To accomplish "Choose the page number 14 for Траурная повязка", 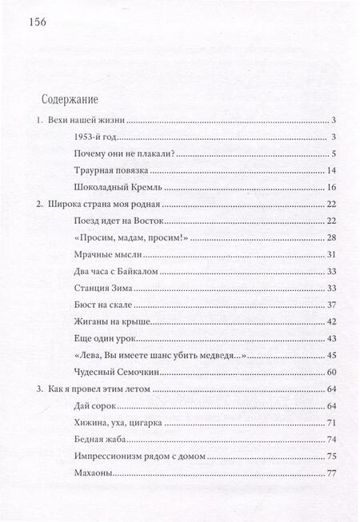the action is click(x=334, y=171).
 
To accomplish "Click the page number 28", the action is click(x=334, y=238).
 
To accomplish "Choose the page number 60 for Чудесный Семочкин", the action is click(x=334, y=373).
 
